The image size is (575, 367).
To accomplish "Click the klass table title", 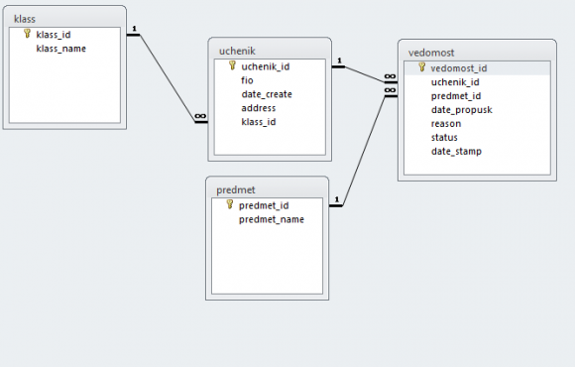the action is [x=25, y=19].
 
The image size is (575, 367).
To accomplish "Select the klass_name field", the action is [x=60, y=49].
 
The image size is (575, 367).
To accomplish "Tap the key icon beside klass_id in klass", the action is [x=27, y=34].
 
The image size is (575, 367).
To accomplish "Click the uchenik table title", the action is [x=237, y=51].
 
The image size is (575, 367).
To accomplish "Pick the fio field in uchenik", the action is [x=247, y=80].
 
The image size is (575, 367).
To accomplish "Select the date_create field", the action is [x=267, y=94].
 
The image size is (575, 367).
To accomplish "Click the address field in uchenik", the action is [x=259, y=108].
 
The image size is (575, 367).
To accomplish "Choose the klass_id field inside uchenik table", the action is [x=259, y=122].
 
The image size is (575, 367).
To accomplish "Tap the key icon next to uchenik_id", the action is [x=233, y=65].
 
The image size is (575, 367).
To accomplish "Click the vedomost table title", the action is [x=431, y=53].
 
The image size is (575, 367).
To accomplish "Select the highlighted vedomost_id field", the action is [x=459, y=68].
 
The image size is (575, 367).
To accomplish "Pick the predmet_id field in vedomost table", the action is [x=456, y=96].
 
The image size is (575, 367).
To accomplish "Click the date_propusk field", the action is [x=462, y=110].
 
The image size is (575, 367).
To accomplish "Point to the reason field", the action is [x=446, y=124].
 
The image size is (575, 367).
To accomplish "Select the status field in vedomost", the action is [x=444, y=137].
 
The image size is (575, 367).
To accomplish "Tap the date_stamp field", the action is [x=456, y=151].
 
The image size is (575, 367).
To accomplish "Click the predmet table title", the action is [x=235, y=189].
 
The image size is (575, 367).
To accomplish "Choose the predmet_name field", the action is [x=272, y=219].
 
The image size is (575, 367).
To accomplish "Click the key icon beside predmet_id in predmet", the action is [x=230, y=204].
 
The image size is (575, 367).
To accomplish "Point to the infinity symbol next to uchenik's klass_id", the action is [x=200, y=116].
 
